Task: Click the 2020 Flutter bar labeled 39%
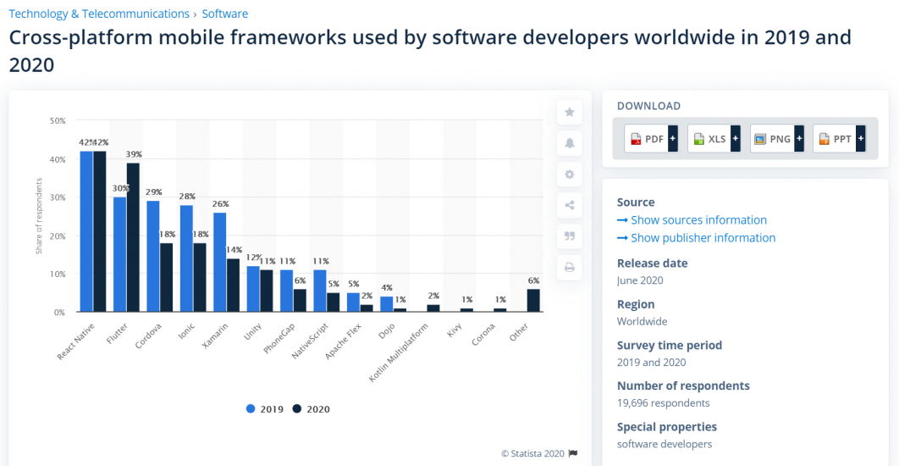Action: (x=133, y=237)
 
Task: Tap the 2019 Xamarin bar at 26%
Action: (x=219, y=262)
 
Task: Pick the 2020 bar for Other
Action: (x=533, y=301)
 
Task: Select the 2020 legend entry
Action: (x=311, y=409)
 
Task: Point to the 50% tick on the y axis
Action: (x=58, y=121)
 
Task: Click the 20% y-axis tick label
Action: (x=58, y=236)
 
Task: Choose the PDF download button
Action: (x=651, y=139)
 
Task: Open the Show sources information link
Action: (x=698, y=220)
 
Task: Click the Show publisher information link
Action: (x=703, y=238)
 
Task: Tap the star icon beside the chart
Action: (x=570, y=112)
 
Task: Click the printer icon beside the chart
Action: (x=570, y=268)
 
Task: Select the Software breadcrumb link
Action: (x=224, y=14)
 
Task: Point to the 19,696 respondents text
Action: (x=663, y=403)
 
